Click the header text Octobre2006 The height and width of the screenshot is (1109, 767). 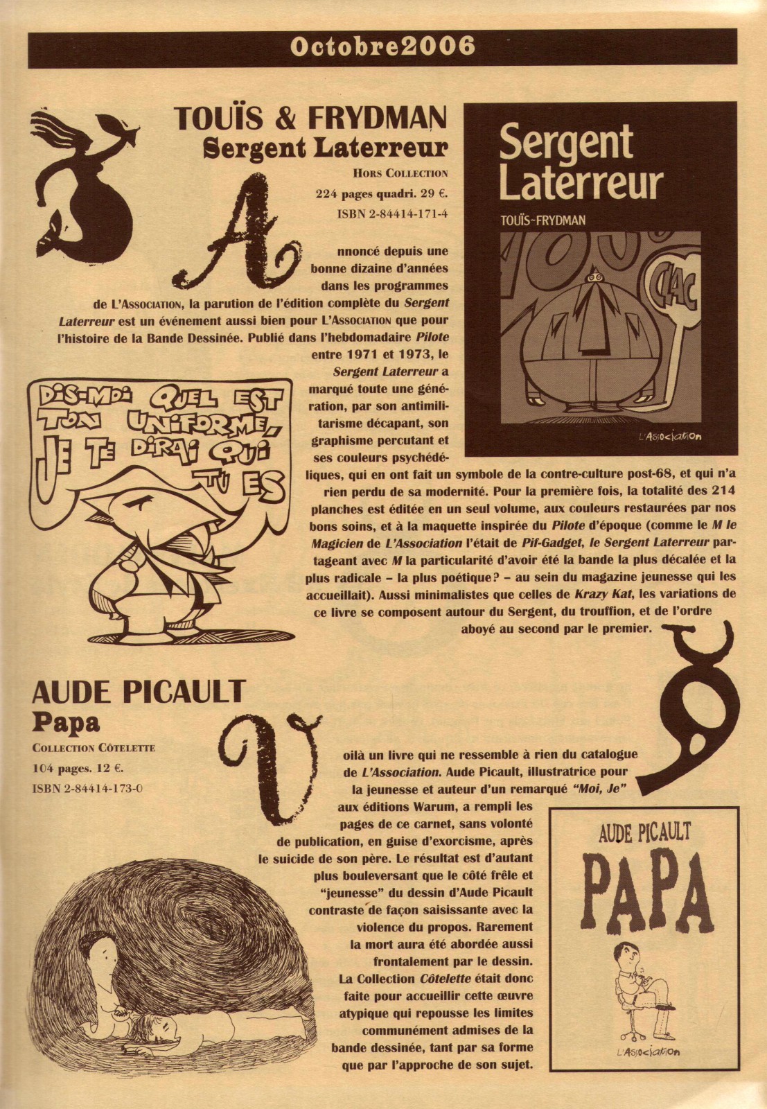[382, 47]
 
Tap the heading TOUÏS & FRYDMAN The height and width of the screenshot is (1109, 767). [310, 119]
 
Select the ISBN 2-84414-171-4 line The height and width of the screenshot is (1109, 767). [392, 213]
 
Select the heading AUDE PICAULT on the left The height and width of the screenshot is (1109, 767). [139, 691]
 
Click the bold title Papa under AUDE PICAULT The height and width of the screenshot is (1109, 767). [67, 722]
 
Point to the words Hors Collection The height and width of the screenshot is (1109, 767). [400, 173]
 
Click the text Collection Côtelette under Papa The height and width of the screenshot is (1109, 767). [94, 748]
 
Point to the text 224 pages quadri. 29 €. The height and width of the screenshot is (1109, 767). [381, 193]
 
